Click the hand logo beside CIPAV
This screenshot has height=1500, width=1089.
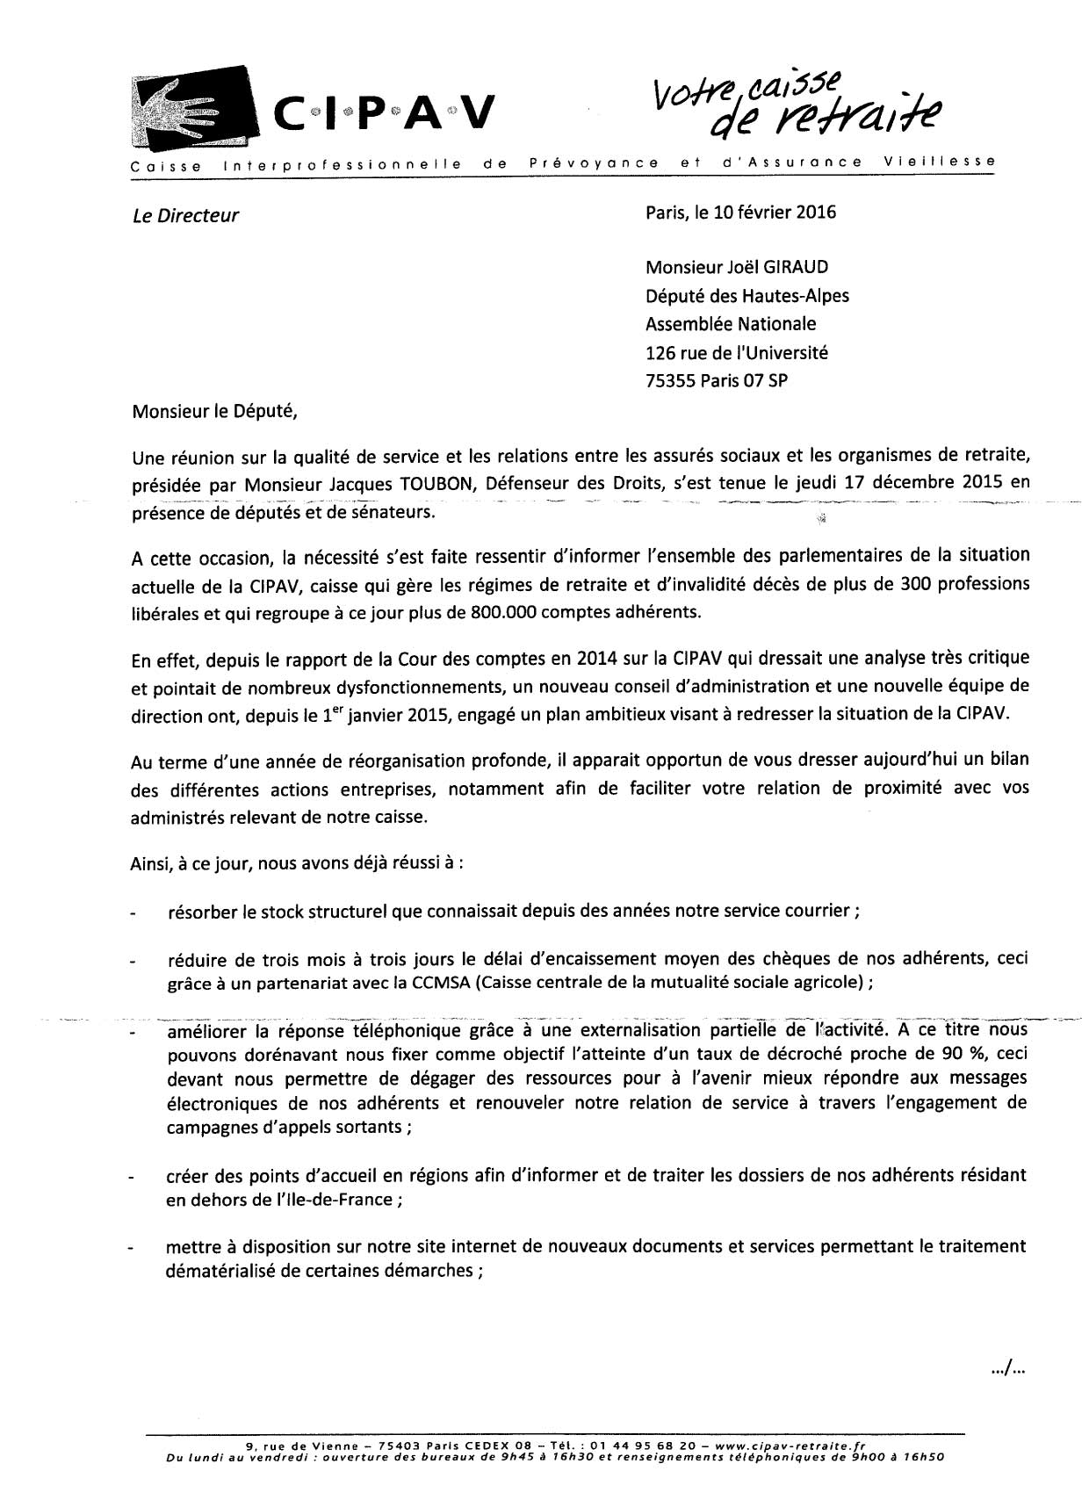coord(188,106)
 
